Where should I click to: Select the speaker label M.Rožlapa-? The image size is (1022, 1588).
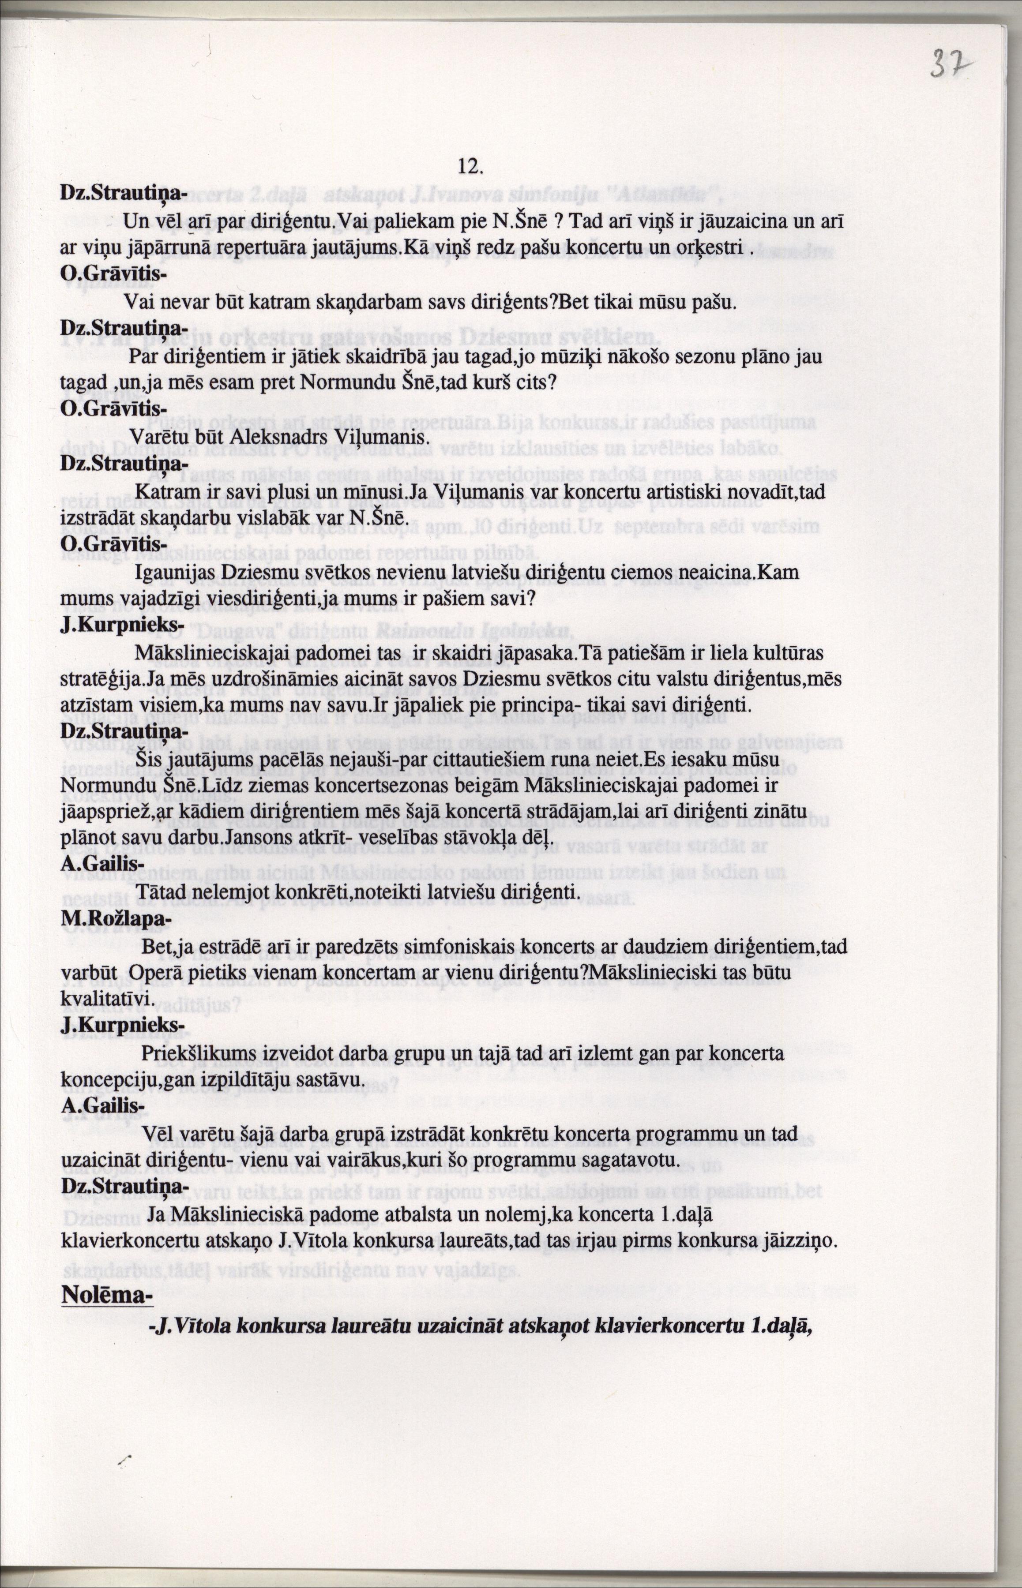pyautogui.click(x=116, y=919)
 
